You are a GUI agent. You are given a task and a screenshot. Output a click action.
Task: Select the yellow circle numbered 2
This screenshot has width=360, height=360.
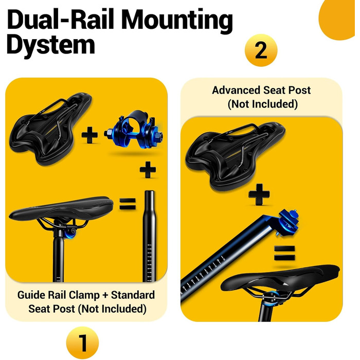(x=261, y=50)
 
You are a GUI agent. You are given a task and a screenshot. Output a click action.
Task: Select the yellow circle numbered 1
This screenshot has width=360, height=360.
(x=82, y=343)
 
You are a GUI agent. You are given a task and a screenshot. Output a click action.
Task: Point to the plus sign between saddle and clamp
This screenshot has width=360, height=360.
(x=89, y=135)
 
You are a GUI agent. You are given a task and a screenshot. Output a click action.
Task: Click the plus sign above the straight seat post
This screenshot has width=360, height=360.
(x=148, y=170)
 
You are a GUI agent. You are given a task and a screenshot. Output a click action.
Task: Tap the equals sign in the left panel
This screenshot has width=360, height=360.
(x=128, y=204)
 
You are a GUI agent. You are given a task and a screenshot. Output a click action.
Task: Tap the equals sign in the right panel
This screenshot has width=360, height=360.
(x=284, y=253)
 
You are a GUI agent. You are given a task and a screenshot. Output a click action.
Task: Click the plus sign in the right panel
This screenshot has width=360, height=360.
(x=259, y=194)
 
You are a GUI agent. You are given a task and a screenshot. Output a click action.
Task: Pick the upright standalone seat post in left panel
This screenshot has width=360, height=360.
(x=150, y=236)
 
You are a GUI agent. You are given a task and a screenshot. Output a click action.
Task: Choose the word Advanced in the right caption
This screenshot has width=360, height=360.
(x=236, y=90)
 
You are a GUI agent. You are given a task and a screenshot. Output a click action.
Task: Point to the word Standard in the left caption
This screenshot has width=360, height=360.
(x=133, y=295)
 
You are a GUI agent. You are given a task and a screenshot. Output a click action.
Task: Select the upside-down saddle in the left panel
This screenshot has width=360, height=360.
(x=50, y=129)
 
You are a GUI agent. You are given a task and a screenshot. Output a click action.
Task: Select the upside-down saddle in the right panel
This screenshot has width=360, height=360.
(x=236, y=156)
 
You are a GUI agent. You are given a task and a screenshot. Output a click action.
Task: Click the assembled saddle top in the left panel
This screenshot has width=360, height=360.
(x=61, y=208)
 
